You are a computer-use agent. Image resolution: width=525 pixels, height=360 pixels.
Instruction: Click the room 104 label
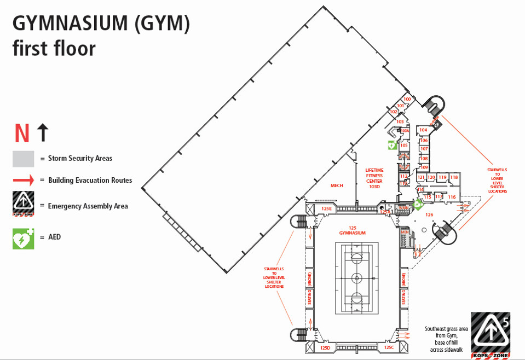[x=423, y=130]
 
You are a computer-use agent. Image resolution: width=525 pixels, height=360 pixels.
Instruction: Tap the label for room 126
[x=429, y=214]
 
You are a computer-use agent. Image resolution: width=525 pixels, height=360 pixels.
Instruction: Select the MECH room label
[x=337, y=185]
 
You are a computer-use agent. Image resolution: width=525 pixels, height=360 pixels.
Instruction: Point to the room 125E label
[x=326, y=208]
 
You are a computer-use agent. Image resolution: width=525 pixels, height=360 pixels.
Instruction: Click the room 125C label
[x=389, y=347]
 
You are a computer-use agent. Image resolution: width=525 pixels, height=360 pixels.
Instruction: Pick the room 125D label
[x=325, y=347]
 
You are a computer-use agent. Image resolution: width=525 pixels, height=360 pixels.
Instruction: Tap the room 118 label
[x=454, y=177]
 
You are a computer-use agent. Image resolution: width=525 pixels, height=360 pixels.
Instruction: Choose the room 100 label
[x=407, y=99]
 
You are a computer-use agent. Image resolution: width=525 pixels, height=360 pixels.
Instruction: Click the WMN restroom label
[x=403, y=208]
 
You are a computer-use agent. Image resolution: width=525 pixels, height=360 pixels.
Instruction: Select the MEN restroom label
[x=405, y=232]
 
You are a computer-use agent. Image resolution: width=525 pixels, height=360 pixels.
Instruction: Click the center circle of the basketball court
[x=357, y=277]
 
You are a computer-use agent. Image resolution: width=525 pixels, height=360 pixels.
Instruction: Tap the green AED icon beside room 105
[x=392, y=145]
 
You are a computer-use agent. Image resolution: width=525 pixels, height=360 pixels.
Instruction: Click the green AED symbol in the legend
[x=23, y=239]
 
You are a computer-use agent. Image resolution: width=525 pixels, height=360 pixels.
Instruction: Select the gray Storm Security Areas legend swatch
[x=23, y=159]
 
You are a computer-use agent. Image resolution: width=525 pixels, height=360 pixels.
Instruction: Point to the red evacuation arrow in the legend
[x=23, y=180]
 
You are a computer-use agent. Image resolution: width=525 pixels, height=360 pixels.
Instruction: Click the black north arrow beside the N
[x=43, y=132]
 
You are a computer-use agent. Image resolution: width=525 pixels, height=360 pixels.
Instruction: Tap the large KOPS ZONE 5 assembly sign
[x=490, y=335]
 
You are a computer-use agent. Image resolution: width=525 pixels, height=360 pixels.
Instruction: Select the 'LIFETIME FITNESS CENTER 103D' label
[x=374, y=178]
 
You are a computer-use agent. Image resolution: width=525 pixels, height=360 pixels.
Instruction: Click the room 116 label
[x=452, y=196]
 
